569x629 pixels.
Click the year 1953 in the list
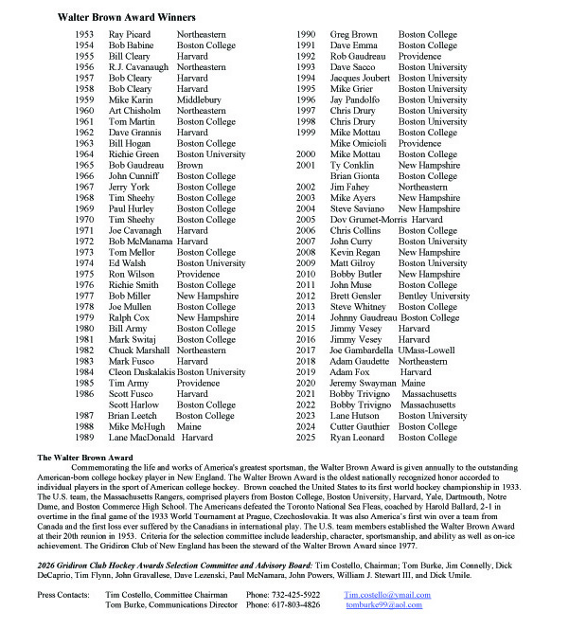point(84,34)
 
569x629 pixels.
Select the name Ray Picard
point(129,34)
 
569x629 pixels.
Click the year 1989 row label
point(84,438)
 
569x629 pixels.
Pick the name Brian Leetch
point(132,416)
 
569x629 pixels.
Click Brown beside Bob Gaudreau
point(190,165)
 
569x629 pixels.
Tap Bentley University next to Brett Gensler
point(434,297)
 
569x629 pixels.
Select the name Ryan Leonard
point(357,438)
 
